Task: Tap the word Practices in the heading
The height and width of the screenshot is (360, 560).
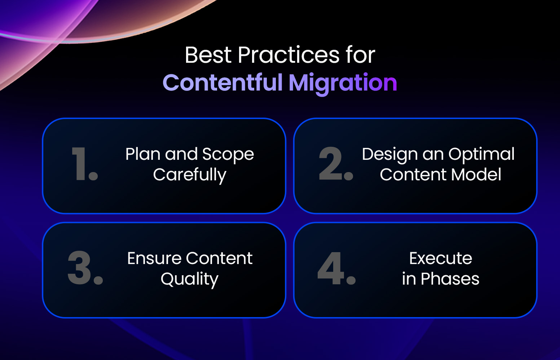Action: [x=288, y=55]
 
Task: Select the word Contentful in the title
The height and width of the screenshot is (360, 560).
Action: [x=222, y=83]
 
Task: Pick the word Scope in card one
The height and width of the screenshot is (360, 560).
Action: [x=228, y=155]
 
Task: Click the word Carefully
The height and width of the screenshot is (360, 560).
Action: [x=190, y=175]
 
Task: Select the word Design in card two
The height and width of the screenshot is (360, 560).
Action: [x=390, y=155]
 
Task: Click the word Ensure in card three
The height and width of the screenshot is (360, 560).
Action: [x=154, y=259]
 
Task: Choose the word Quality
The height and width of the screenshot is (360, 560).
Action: [x=190, y=280]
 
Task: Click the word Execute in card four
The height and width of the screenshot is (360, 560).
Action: [x=441, y=259]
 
